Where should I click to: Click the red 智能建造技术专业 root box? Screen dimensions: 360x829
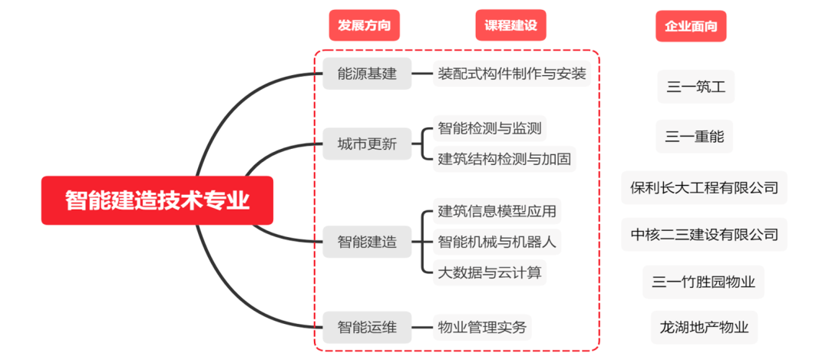pyautogui.click(x=157, y=200)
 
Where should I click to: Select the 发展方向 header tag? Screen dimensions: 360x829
pyautogui.click(x=365, y=25)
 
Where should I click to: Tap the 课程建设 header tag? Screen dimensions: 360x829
pyautogui.click(x=510, y=25)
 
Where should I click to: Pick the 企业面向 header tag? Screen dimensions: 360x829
pyautogui.click(x=691, y=26)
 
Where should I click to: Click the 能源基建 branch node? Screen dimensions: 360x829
pyautogui.click(x=367, y=74)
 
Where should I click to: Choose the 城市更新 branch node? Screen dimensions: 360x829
pyautogui.click(x=367, y=144)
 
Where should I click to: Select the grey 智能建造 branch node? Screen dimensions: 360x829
pyautogui.click(x=367, y=242)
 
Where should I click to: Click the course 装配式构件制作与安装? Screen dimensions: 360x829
pyautogui.click(x=512, y=74)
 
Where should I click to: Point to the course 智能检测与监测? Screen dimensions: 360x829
pyautogui.click(x=489, y=127)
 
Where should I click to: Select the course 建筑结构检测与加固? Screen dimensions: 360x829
pyautogui.click(x=504, y=159)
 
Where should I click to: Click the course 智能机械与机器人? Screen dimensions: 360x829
pyautogui.click(x=497, y=243)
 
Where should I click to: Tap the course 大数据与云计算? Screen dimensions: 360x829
pyautogui.click(x=489, y=272)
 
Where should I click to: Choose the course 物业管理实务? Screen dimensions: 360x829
pyautogui.click(x=482, y=328)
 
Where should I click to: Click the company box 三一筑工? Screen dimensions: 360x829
pyautogui.click(x=695, y=87)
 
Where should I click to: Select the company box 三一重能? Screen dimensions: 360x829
pyautogui.click(x=695, y=137)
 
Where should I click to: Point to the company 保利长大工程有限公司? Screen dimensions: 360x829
pyautogui.click(x=704, y=187)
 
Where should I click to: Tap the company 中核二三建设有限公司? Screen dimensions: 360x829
pyautogui.click(x=704, y=234)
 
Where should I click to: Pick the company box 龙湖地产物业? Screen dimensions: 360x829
pyautogui.click(x=704, y=328)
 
